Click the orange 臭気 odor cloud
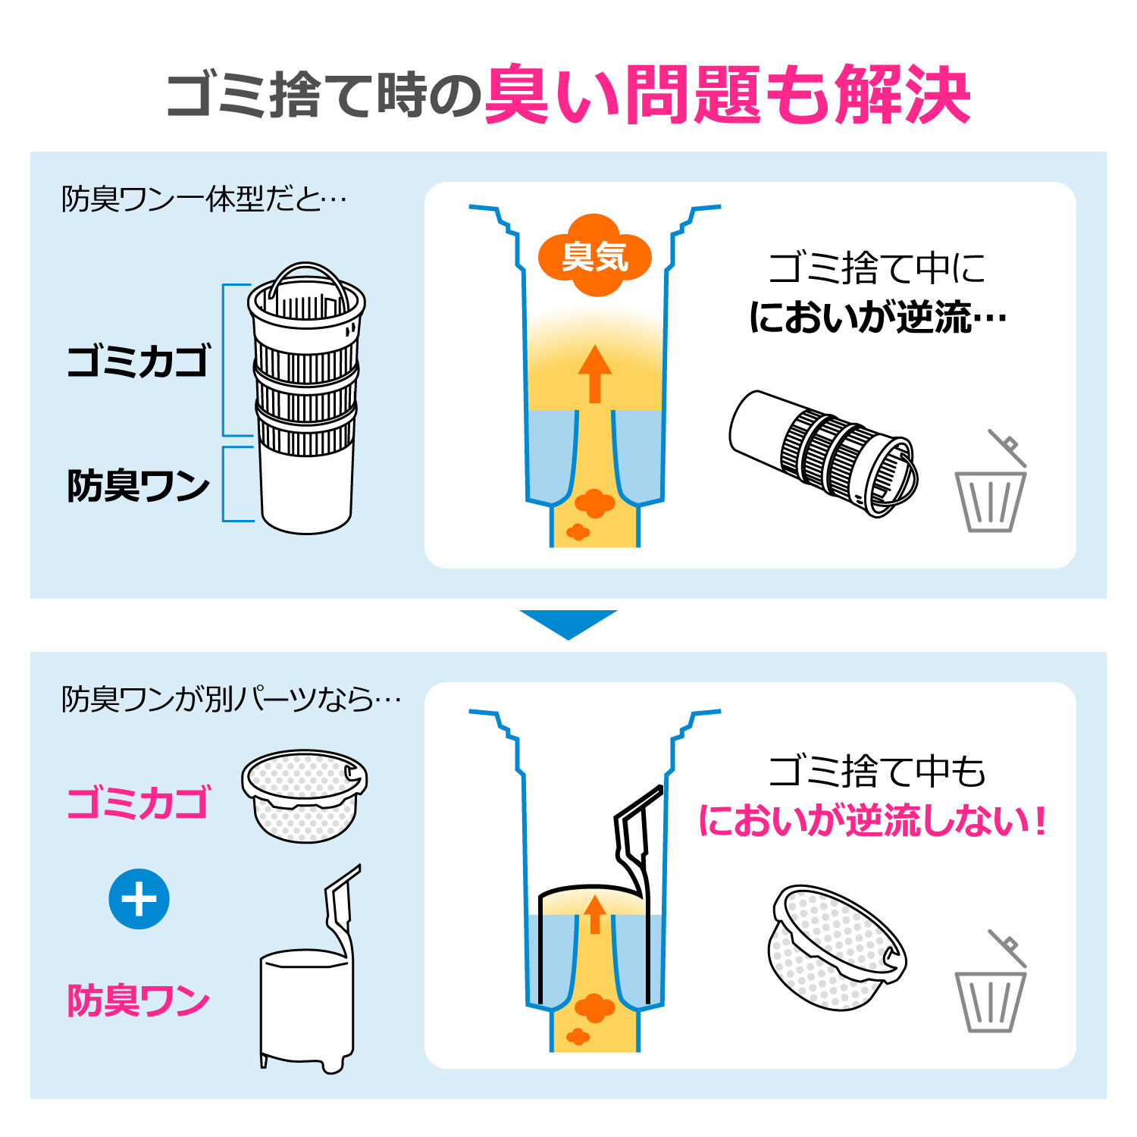pyautogui.click(x=595, y=255)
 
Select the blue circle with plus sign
pyautogui.click(x=139, y=899)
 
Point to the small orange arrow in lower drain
pyautogui.click(x=595, y=914)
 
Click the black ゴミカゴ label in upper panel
pyautogui.click(x=138, y=361)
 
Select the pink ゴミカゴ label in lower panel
pyautogui.click(x=138, y=803)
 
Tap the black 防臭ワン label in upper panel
pyautogui.click(x=138, y=486)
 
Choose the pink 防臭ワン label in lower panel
pyautogui.click(x=138, y=1001)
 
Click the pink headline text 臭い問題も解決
pyautogui.click(x=728, y=95)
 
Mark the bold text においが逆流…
pyautogui.click(x=878, y=318)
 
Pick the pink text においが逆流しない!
pyautogui.click(x=872, y=821)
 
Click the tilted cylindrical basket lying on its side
pyautogui.click(x=823, y=453)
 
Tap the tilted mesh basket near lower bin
pyautogui.click(x=837, y=947)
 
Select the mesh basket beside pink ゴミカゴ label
pyautogui.click(x=304, y=796)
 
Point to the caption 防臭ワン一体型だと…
pyautogui.click(x=203, y=199)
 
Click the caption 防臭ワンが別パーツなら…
pyautogui.click(x=231, y=699)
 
